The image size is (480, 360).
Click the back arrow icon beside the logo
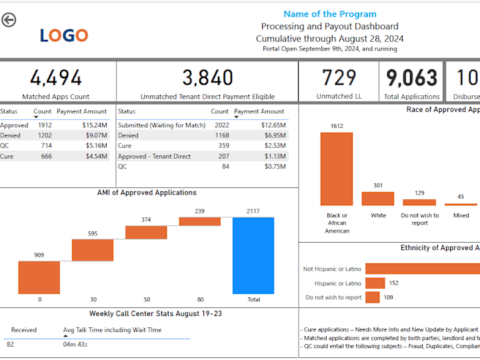point(9,20)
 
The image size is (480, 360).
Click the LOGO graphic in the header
point(63,35)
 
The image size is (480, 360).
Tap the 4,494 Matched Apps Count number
point(56,79)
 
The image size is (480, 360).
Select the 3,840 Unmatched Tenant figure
point(207,79)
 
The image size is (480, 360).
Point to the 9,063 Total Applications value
point(411,79)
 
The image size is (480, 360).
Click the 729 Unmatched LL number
point(339,79)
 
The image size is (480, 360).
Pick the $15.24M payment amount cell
point(94,125)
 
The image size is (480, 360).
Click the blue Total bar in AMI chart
point(253,255)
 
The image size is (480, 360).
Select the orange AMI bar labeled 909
point(39,277)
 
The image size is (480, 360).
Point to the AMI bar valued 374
point(146,233)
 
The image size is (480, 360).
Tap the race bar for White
point(378,199)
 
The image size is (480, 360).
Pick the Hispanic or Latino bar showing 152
point(375,283)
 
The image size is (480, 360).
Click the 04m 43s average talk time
point(75,344)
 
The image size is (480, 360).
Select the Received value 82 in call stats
point(10,344)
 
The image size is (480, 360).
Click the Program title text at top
point(329,14)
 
